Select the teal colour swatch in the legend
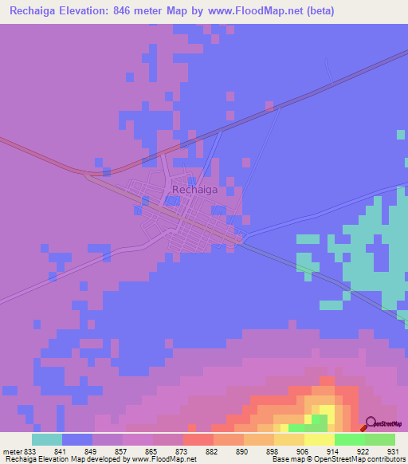[x=47, y=439]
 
